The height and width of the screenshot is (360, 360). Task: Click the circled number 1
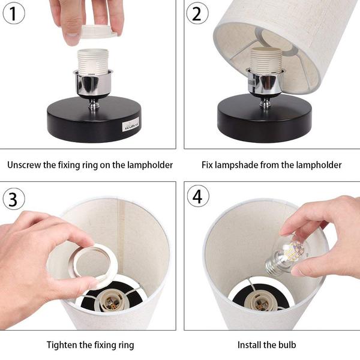(x=14, y=13)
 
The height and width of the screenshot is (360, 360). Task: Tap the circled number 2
(x=197, y=13)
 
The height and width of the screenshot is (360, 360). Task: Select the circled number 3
(x=14, y=199)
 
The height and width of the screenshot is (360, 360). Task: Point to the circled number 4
(x=198, y=196)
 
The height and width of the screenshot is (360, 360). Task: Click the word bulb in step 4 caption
(x=287, y=345)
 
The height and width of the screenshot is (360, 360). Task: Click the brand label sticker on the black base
(x=131, y=125)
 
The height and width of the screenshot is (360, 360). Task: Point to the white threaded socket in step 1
(x=93, y=62)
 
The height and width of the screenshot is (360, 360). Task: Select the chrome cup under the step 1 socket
(x=93, y=83)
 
